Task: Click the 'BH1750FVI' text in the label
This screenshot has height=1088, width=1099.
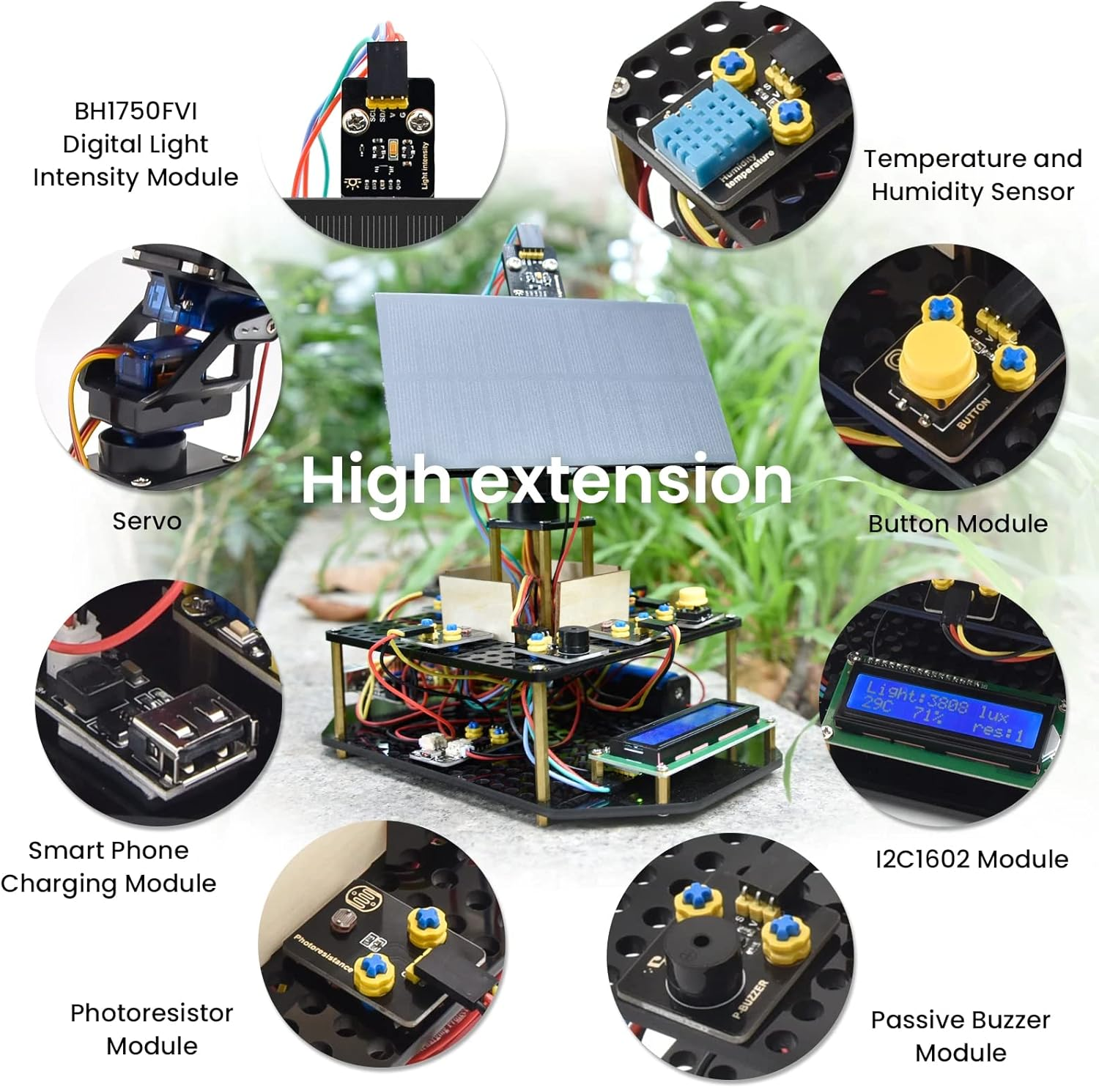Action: [136, 111]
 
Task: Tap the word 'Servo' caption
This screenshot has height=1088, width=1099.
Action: [147, 521]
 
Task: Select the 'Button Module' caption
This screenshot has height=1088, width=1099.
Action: [958, 523]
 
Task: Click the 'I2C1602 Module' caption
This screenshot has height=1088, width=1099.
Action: [972, 859]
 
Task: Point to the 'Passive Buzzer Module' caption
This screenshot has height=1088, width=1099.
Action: [961, 1036]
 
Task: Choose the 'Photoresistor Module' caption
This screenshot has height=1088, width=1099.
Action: [152, 1029]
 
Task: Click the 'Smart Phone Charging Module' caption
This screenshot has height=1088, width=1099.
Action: [108, 867]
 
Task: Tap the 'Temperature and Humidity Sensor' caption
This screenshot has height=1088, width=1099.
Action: [972, 174]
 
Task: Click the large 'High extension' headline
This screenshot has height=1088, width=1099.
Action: [547, 480]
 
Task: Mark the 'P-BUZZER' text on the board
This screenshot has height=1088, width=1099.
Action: [751, 999]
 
